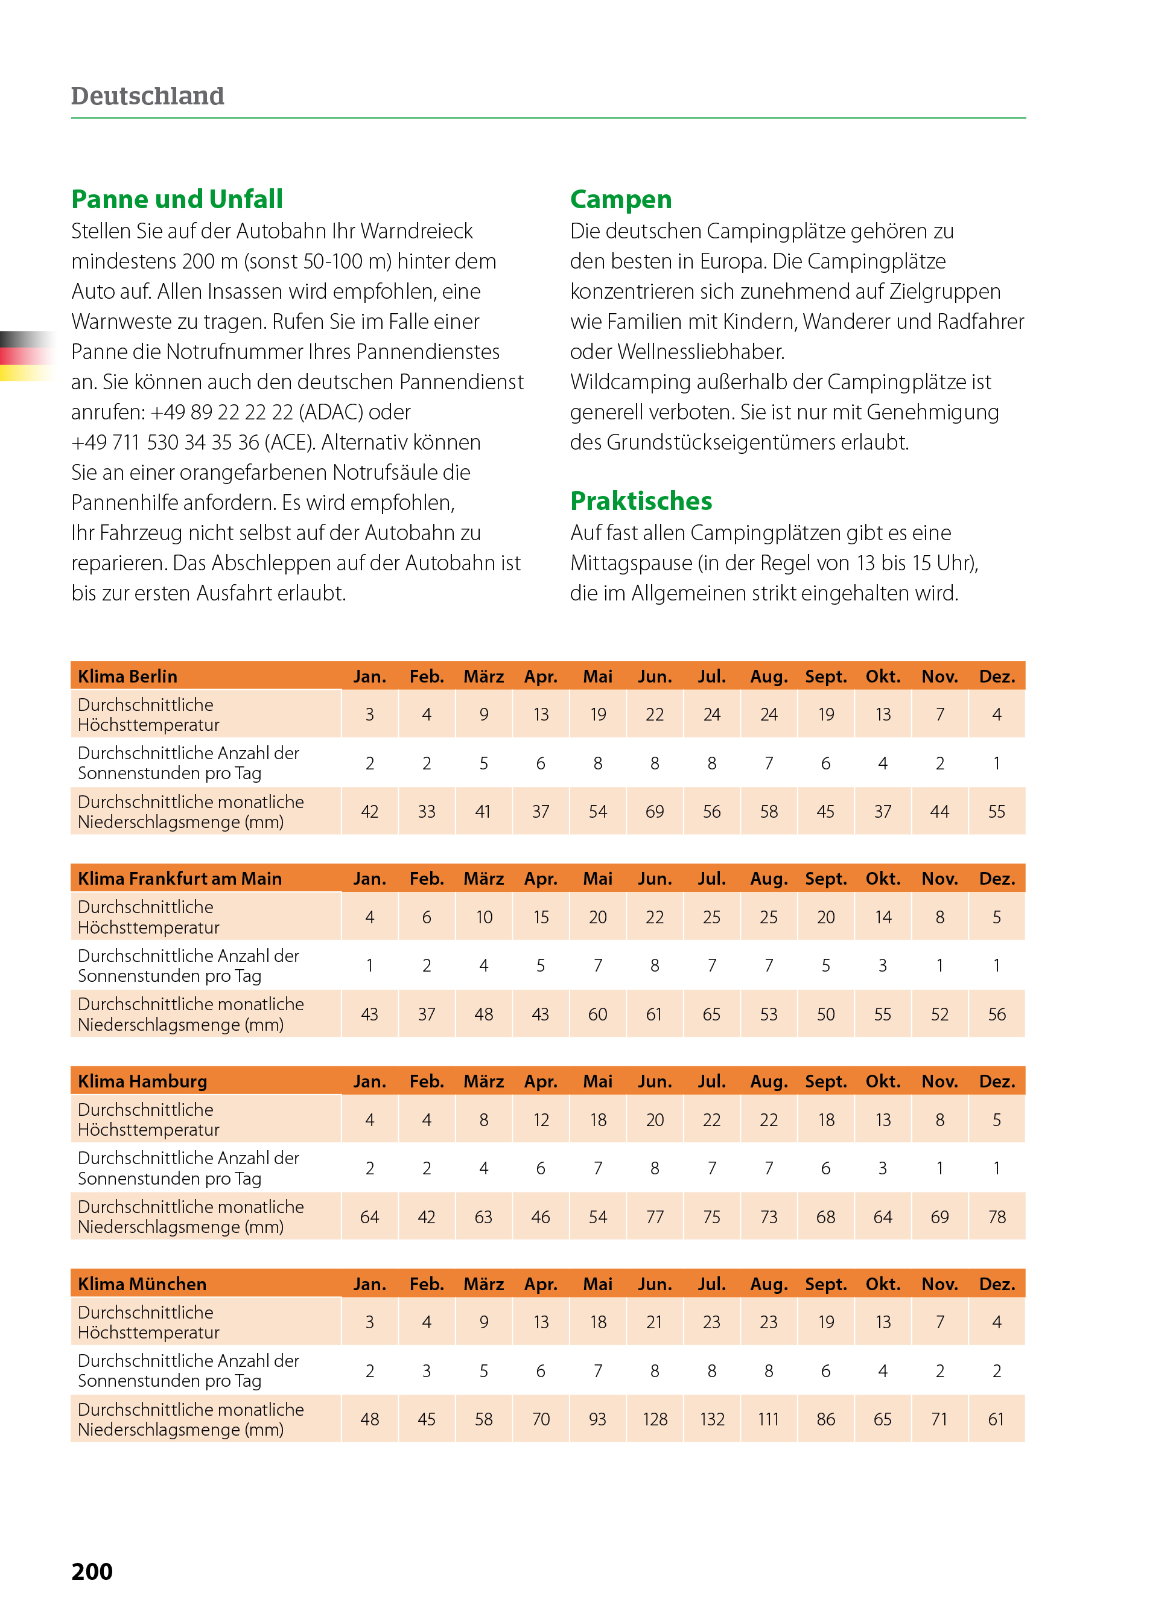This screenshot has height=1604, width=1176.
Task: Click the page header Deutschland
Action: (147, 96)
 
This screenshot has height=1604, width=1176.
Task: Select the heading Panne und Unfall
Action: (177, 199)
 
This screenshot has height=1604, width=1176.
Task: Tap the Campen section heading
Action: (621, 199)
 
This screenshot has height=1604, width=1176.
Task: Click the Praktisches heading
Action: (641, 501)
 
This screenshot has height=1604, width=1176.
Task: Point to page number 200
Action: (92, 1571)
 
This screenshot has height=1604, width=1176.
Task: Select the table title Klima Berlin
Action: (127, 676)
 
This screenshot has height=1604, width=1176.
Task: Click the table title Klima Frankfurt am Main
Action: (179, 879)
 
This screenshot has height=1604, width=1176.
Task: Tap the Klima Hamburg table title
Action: (142, 1081)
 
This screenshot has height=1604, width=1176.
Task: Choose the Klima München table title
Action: (142, 1284)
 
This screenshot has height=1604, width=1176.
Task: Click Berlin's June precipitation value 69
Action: (655, 812)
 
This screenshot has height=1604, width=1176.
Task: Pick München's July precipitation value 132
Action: (712, 1419)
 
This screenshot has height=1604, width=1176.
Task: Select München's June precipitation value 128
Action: (655, 1419)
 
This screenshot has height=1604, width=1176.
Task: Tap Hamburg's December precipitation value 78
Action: (997, 1217)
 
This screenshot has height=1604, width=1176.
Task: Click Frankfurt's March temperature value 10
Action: (484, 917)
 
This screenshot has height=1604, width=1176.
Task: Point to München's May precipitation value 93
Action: (598, 1419)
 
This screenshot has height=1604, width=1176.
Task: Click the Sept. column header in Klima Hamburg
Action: (826, 1081)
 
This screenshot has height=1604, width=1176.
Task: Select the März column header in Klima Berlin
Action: (484, 676)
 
